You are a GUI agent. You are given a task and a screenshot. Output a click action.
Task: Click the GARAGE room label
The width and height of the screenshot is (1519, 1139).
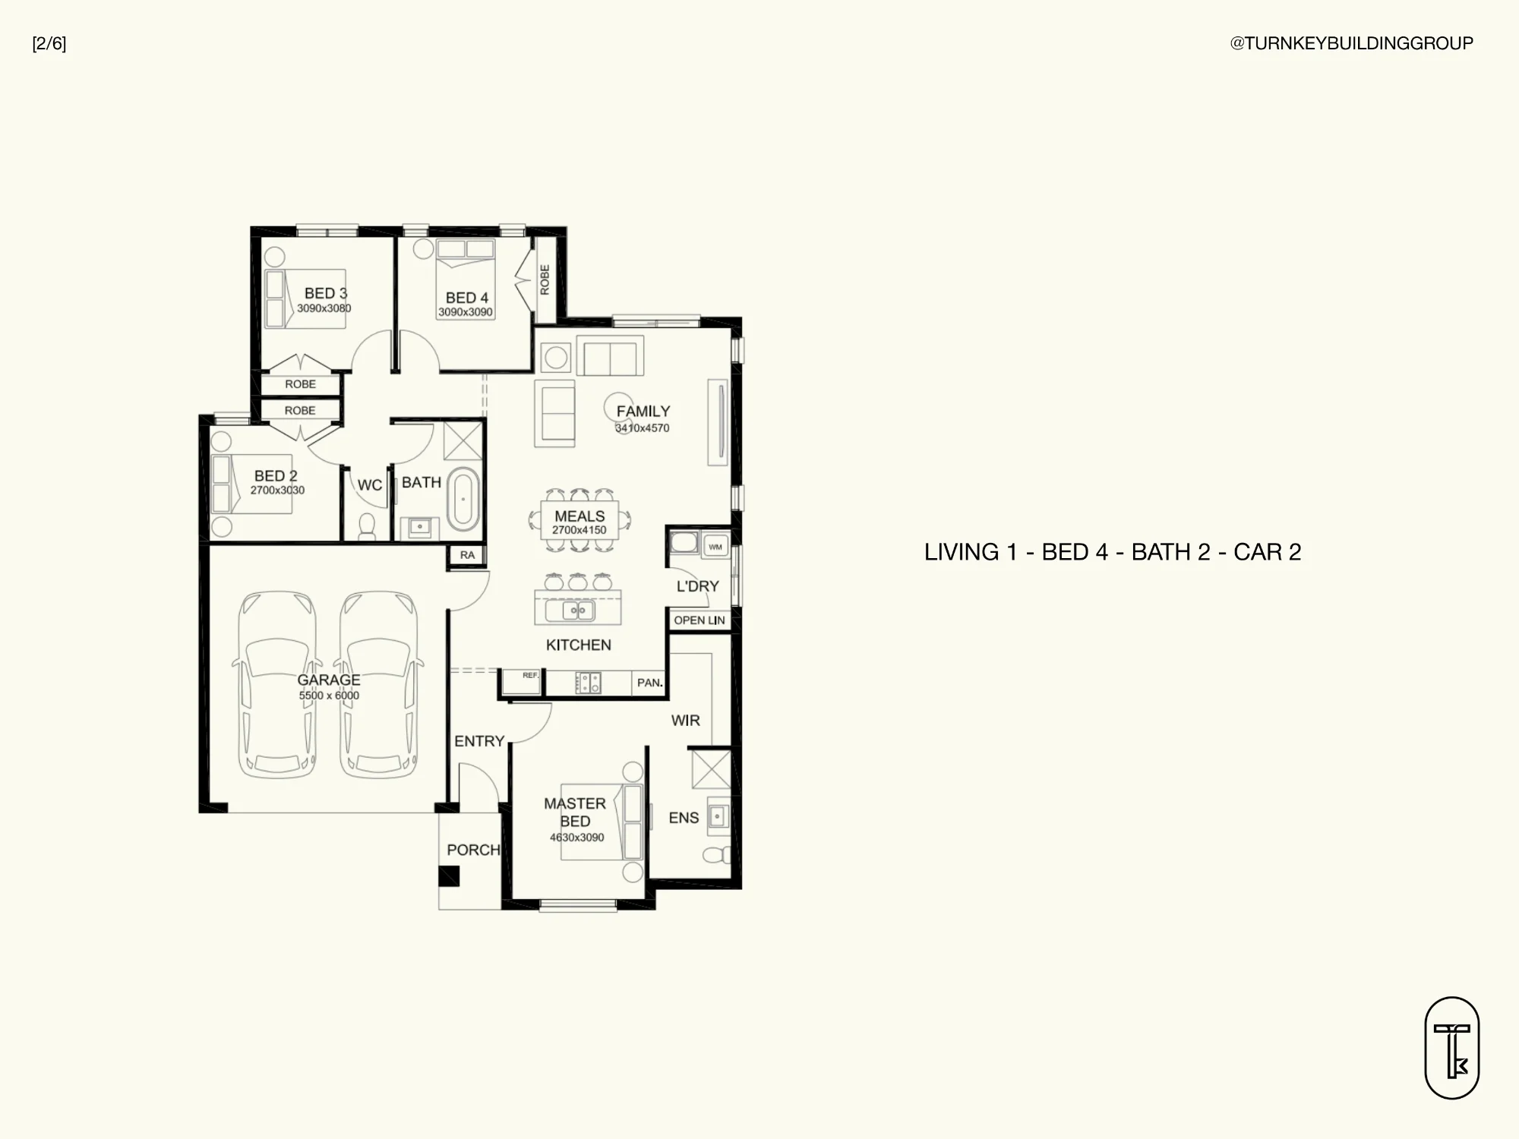pos(329,680)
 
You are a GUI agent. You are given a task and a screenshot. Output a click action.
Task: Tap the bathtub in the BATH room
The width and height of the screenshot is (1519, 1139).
pos(463,499)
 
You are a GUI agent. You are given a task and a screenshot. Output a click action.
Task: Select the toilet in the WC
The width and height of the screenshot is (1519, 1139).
pos(367,526)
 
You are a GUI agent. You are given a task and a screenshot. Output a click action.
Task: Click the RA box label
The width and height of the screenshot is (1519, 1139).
pos(467,555)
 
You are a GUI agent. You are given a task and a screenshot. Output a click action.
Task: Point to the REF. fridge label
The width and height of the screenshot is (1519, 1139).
pos(530,675)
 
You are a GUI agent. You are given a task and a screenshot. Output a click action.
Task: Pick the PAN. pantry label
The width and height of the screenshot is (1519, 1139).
pos(650,683)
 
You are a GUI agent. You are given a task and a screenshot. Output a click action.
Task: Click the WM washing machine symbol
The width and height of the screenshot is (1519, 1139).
pos(715,547)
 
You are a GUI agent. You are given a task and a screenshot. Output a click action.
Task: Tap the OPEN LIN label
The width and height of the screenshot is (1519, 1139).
pos(699,620)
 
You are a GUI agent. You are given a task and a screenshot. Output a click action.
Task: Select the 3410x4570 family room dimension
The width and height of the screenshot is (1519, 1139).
pos(643,428)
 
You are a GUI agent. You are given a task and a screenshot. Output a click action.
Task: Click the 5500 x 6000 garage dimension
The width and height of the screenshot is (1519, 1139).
pos(329,696)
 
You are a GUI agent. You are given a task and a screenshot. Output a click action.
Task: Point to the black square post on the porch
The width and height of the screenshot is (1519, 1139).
pos(449,876)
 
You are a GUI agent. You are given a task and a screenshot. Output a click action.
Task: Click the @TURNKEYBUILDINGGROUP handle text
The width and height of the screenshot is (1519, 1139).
pos(1352,43)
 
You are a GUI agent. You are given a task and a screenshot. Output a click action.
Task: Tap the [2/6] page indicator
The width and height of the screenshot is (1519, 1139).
pos(49,44)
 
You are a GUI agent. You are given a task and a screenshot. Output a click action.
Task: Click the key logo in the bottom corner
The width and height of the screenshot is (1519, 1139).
pos(1452,1048)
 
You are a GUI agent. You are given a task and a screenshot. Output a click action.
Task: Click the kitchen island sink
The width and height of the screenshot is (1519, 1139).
pos(579,611)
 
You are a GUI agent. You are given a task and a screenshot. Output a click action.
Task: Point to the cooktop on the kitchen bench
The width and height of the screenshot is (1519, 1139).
pos(588,683)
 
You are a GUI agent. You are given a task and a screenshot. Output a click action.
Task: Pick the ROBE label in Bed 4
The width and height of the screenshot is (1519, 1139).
pos(545,279)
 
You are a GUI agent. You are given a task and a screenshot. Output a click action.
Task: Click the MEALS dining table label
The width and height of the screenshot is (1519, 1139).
pos(579,516)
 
